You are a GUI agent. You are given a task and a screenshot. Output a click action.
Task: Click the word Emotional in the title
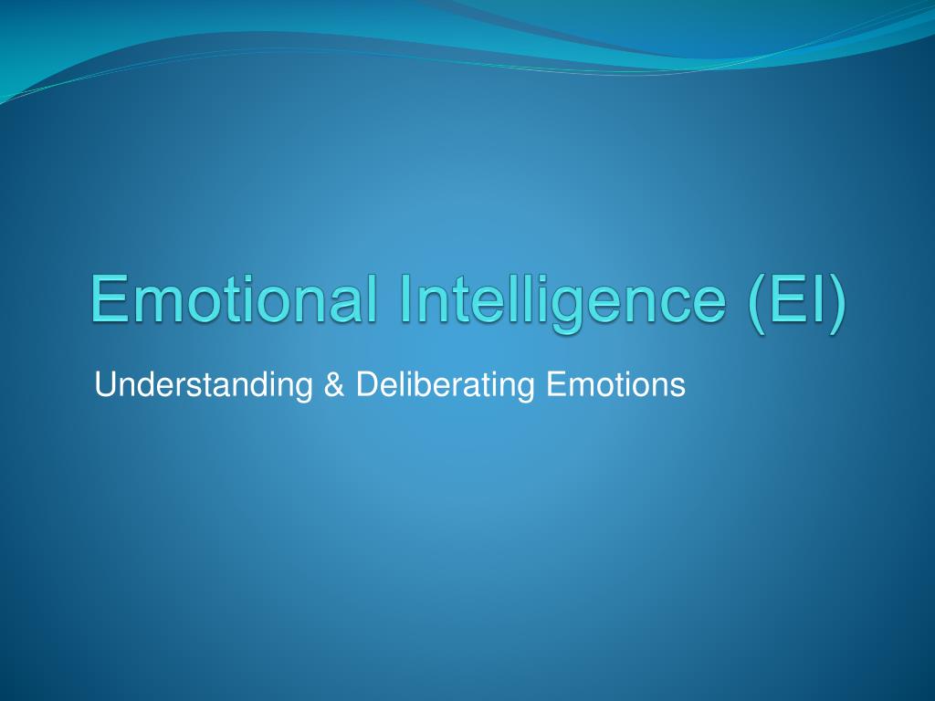pos(234,298)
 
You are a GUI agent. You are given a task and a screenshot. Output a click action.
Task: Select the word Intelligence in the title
pos(563,303)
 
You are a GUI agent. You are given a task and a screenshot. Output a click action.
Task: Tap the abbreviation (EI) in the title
pos(797,303)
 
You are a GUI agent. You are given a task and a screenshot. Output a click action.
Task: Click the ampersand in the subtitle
pos(334,384)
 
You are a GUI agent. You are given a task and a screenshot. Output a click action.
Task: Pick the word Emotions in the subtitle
pos(615,384)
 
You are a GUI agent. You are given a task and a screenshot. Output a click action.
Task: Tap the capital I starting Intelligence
pos(404,298)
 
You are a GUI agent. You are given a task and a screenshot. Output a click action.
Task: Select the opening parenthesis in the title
pos(756,303)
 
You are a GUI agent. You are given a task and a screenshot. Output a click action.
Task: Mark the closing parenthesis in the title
pos(838,303)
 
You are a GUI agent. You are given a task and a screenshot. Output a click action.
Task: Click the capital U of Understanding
pos(104,385)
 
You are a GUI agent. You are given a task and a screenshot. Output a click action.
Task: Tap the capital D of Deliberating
pos(367,384)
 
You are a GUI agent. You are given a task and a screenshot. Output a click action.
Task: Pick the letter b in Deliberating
pos(425,384)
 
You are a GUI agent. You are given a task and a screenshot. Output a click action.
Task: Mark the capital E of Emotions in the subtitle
pos(555,384)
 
